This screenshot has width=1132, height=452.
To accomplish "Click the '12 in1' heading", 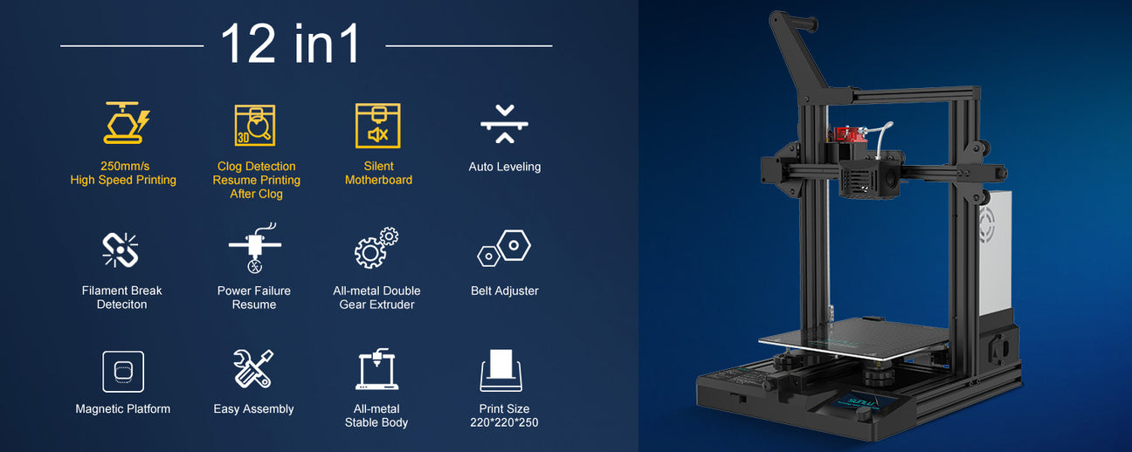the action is click(290, 44).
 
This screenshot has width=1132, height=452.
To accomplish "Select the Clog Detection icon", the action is click(255, 126).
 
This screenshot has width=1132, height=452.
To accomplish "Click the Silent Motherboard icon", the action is click(377, 126).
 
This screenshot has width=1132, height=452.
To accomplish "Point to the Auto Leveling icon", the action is click(504, 124).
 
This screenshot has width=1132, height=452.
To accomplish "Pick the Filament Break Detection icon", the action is click(121, 250).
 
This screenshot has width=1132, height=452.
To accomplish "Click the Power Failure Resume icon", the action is click(255, 248).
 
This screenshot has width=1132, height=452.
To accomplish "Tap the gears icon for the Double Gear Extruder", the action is click(376, 248).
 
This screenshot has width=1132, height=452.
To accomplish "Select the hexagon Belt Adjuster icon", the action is click(504, 248).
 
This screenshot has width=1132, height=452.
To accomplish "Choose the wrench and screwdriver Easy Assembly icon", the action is click(253, 369).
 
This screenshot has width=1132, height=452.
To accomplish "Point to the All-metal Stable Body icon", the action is click(376, 369).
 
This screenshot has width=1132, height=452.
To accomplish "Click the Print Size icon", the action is click(500, 371).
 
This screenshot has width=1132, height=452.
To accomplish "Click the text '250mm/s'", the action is click(125, 166).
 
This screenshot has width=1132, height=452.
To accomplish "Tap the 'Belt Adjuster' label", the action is click(504, 291).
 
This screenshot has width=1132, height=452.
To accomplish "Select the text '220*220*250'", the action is click(504, 422).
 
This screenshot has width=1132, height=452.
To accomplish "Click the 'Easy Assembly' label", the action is click(253, 409).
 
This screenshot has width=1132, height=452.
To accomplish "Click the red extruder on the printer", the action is click(850, 134).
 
